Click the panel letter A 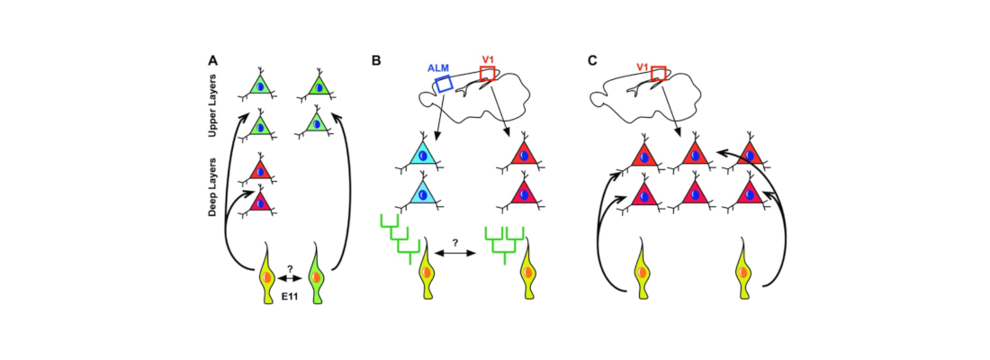pyautogui.click(x=213, y=61)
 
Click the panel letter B pyautogui.click(x=376, y=61)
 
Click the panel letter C pyautogui.click(x=591, y=61)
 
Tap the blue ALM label pyautogui.click(x=436, y=67)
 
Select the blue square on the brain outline pyautogui.click(x=444, y=84)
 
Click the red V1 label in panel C pyautogui.click(x=643, y=66)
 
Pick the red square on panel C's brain pyautogui.click(x=659, y=73)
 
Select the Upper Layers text pyautogui.click(x=213, y=105)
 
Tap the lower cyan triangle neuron pyautogui.click(x=422, y=193)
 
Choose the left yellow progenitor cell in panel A pyautogui.click(x=267, y=270)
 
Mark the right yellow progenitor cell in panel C pyautogui.click(x=744, y=270)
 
